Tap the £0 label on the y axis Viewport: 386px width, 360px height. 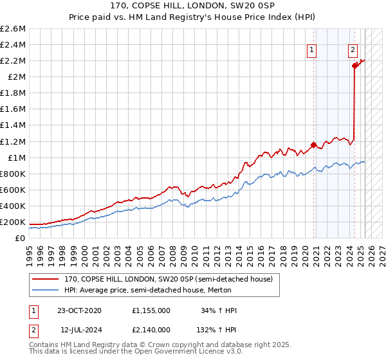21,238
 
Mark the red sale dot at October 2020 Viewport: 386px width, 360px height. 313,145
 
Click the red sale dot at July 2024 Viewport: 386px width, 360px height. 354,66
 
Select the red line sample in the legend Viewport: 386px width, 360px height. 45,279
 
